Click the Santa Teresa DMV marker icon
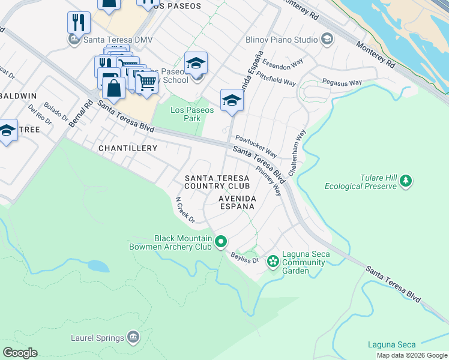coord(73,40)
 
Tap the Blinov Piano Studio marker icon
coord(327,40)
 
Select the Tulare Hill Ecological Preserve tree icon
coord(406,181)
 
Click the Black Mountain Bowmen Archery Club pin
coord(221,242)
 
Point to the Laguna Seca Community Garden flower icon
coord(273,260)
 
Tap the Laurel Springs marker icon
coord(133,338)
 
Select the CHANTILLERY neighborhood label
coord(128,148)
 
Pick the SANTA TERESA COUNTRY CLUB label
coord(217,182)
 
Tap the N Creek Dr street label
coord(185,210)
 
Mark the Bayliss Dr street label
coord(246,258)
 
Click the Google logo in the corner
coord(20,353)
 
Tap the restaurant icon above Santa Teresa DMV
coord(79,23)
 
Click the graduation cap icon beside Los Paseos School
coord(196,63)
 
